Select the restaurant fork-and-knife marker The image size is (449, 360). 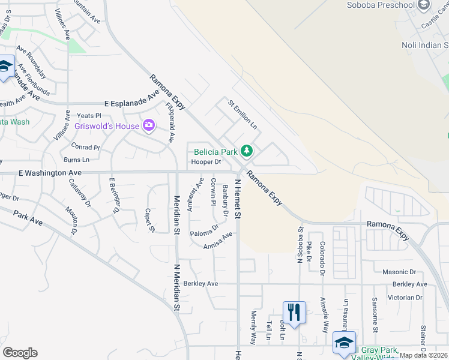click(294, 313)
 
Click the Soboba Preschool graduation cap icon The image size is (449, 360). click(424, 5)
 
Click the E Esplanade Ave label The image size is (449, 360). click(131, 103)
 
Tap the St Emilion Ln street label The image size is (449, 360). click(242, 115)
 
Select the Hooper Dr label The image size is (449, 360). click(206, 162)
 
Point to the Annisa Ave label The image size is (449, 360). click(217, 241)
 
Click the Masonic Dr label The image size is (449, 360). click(412, 272)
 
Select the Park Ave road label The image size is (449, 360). click(28, 218)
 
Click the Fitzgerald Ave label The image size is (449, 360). click(169, 122)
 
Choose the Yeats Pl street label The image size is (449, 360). click(89, 116)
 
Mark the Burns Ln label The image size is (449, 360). click(76, 160)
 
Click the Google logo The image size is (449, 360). click(20, 353)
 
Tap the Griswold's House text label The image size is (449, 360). click(106, 126)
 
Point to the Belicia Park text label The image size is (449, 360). click(215, 151)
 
